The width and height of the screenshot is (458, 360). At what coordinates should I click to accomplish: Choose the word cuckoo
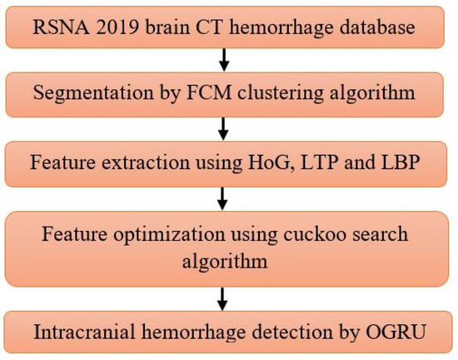click(317, 233)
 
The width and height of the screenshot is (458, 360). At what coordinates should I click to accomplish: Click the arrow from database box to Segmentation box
click(222, 58)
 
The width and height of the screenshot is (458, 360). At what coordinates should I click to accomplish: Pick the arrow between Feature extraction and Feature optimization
click(222, 198)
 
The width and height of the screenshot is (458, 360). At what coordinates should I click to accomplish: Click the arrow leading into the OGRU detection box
click(222, 297)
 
